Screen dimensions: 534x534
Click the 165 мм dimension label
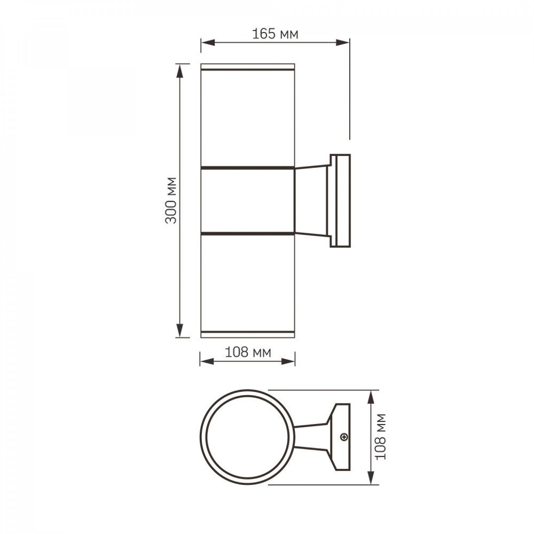pos(275,34)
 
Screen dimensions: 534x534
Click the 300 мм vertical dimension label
pos(171,200)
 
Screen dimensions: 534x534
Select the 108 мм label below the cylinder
pos(248,352)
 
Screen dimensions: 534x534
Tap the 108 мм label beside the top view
pos(381,437)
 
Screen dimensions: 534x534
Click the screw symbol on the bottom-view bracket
pos(344,437)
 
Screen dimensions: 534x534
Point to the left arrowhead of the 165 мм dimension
pos(208,43)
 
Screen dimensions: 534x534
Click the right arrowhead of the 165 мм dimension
pos(343,43)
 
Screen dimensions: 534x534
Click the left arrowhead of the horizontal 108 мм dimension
pos(207,362)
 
